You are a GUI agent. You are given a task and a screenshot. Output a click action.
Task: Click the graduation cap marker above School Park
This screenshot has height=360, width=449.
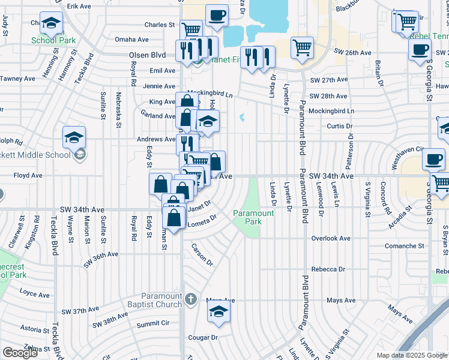click(51, 23)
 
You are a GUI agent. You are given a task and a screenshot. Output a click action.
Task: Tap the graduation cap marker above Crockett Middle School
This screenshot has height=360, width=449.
click(74, 137)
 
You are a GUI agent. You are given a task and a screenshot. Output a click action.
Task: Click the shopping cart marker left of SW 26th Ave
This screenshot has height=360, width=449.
click(302, 48)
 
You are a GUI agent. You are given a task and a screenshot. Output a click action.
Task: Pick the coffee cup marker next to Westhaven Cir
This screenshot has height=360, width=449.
click(433, 160)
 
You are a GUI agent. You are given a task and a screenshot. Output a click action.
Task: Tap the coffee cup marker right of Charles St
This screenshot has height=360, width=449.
click(217, 16)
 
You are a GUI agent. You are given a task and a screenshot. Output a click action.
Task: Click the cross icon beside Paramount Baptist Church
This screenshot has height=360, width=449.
click(190, 299)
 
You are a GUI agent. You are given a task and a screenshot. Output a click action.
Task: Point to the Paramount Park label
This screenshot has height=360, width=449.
click(253, 217)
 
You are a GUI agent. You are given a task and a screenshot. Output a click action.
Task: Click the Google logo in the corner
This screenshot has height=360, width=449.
click(20, 353)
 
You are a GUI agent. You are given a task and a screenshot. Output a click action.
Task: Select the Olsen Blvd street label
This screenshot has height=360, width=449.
click(148, 55)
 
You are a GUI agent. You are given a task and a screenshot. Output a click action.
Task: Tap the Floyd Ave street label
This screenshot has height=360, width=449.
click(28, 176)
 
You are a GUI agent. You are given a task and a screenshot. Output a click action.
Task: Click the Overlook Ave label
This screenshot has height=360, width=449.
click(331, 238)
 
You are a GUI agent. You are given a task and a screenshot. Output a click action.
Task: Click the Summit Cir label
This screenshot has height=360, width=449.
click(154, 323)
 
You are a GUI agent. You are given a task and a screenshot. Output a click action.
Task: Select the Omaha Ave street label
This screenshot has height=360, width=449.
click(131, 40)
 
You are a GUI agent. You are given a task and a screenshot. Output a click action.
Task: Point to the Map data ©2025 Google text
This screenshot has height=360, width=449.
click(412, 355)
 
